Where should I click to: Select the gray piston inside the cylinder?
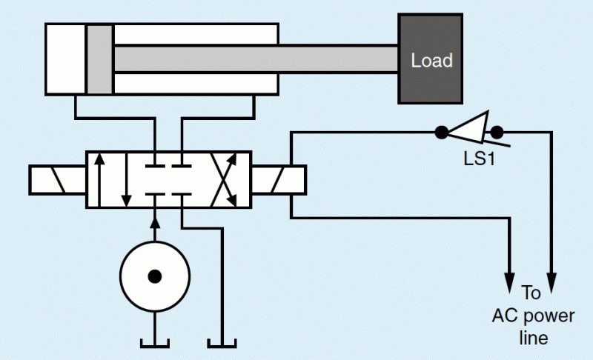pyautogui.click(x=99, y=59)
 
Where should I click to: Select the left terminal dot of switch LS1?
pyautogui.click(x=440, y=133)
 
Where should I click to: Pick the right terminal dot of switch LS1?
pyautogui.click(x=497, y=133)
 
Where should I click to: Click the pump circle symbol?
pyautogui.click(x=154, y=276)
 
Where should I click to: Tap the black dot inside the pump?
pyautogui.click(x=154, y=276)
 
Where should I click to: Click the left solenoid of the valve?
pyautogui.click(x=58, y=179)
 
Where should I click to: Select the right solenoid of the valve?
pyautogui.click(x=279, y=179)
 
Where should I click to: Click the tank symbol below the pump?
pyautogui.click(x=154, y=342)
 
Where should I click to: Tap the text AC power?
pyautogui.click(x=533, y=316)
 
